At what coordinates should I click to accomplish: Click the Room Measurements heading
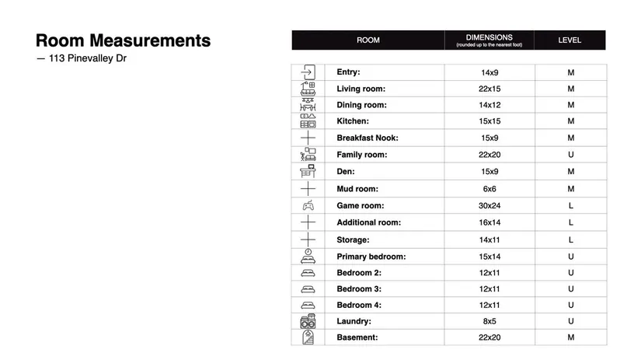coord(123,40)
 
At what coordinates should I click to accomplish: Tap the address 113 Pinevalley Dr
coord(82,59)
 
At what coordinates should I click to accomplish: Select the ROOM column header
coord(368,40)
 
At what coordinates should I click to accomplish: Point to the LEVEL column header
coord(570,40)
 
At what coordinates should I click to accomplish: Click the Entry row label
coord(348,72)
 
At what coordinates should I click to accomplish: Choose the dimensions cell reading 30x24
coord(489,206)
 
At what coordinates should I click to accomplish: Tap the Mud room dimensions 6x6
coord(489,189)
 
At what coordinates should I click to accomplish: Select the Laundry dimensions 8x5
coord(489,321)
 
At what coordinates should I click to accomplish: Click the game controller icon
coord(308,206)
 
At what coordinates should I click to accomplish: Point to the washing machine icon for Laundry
coord(308,321)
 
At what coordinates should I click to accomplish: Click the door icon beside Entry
coord(308,72)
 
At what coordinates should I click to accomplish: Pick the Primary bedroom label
coord(371,257)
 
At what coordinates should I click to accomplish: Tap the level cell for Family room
coord(570,155)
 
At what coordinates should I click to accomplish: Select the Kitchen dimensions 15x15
coord(489,121)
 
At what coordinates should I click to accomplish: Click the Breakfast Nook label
coord(367,138)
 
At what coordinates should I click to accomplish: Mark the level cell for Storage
coord(570,240)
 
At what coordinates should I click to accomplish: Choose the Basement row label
coord(357,337)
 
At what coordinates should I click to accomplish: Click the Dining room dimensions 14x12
coord(489,105)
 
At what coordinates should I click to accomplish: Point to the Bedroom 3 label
coord(359,289)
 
